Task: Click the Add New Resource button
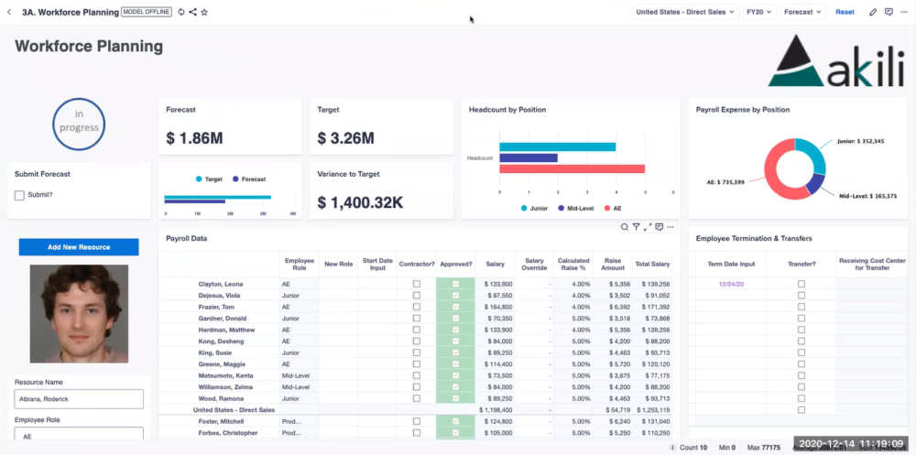79,247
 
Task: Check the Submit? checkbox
20,195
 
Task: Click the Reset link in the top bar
845,12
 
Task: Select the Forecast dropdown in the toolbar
803,12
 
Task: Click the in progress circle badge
79,124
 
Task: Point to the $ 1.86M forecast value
194,138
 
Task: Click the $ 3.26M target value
345,138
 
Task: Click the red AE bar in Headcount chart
572,168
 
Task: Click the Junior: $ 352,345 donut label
860,142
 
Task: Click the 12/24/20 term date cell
731,284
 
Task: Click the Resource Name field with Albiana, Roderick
79,399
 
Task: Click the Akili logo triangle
791,61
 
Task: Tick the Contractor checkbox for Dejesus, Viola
417,296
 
